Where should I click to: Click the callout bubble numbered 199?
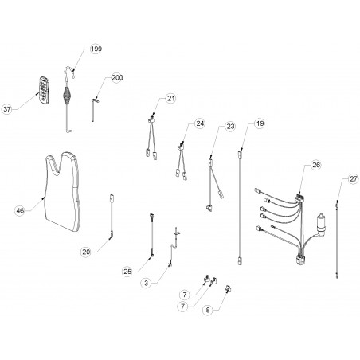(96, 49)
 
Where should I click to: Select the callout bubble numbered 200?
(117, 77)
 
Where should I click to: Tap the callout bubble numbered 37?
(7, 109)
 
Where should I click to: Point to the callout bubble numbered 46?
(20, 211)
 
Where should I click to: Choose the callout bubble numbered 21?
(171, 98)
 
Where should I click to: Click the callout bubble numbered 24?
(200, 123)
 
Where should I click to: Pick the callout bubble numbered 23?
(230, 126)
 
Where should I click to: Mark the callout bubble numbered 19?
(260, 123)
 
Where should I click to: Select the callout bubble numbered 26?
(316, 165)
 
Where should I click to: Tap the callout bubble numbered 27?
(354, 179)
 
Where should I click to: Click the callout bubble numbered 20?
(86, 252)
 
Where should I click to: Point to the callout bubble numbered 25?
(127, 272)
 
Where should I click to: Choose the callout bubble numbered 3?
(147, 283)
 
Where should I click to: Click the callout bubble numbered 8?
(208, 310)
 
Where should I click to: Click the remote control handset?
(44, 90)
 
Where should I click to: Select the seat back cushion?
(62, 191)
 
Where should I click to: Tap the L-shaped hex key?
(93, 109)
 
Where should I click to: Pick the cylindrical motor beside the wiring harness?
(322, 225)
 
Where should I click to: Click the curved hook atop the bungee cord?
(69, 72)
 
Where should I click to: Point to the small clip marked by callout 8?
(228, 288)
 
